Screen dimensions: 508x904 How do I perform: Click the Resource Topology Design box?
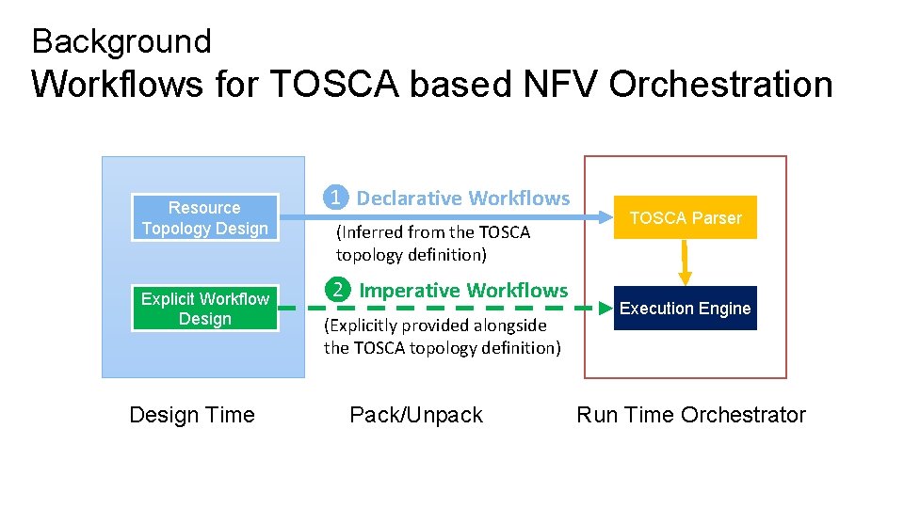coord(205,218)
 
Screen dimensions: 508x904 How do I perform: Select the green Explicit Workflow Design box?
coord(205,309)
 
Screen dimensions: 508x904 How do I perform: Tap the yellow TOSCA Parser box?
coord(686,218)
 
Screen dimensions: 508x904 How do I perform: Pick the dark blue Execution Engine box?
coord(686,309)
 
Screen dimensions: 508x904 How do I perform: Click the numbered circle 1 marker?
coord(334,198)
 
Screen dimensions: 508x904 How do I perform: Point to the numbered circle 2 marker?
coord(337,290)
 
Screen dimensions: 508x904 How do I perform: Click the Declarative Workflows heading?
coord(463,198)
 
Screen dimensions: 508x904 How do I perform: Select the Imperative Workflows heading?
coord(463,291)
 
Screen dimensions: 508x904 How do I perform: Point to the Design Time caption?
coord(192,415)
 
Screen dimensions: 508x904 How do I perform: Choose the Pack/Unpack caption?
coord(416,415)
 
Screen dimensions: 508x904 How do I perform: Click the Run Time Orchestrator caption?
coord(691,415)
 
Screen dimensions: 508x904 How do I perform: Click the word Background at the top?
coord(121,41)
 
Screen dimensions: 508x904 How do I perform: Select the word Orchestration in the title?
coord(720,85)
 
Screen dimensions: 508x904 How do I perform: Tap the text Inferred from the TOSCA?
coord(434,232)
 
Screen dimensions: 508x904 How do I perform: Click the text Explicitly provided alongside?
coord(435,325)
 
